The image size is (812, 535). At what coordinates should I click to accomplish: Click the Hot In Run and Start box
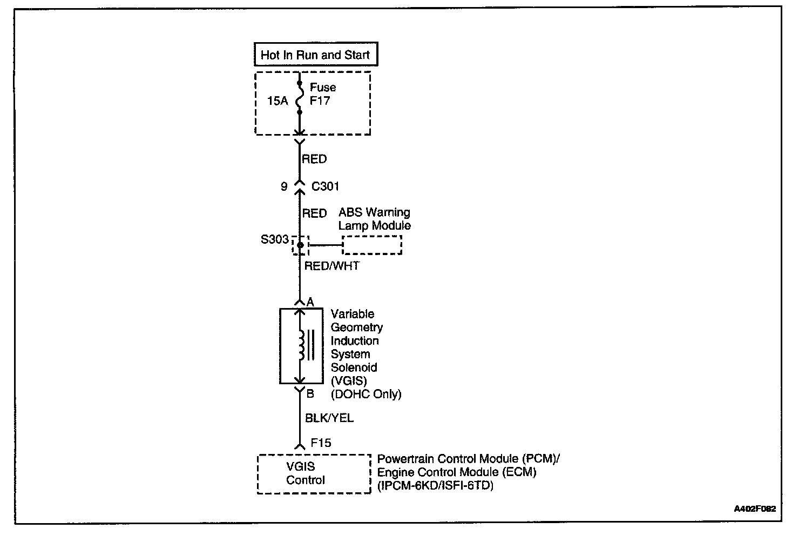pos(315,55)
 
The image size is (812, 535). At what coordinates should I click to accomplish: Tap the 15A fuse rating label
pos(278,101)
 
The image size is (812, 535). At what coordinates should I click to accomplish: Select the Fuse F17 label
pos(322,94)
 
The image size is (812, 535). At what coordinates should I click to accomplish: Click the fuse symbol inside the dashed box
pos(299,99)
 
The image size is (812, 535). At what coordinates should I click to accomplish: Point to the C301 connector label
pos(326,186)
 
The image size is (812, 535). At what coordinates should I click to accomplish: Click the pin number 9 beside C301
pos(284,186)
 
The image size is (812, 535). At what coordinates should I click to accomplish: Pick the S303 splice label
pos(275,239)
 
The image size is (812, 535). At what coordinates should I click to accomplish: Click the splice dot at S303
pos(300,245)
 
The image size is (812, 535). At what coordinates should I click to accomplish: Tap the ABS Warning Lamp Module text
pos(374,219)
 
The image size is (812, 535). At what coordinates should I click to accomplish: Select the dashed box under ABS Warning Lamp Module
pos(372,245)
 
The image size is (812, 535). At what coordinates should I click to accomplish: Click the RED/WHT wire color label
pos(331,266)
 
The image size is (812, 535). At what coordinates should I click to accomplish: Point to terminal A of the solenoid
pos(310,302)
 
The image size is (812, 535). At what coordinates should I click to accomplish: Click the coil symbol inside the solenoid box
pos(301,346)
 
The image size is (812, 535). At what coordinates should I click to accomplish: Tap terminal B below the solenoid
pos(310,394)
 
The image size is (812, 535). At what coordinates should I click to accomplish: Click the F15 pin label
pos(321,443)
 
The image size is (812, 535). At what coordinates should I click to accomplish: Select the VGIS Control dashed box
pos(314,473)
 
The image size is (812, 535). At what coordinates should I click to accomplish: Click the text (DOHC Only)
pos(366,394)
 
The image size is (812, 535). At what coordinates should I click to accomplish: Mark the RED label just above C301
pos(314,159)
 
